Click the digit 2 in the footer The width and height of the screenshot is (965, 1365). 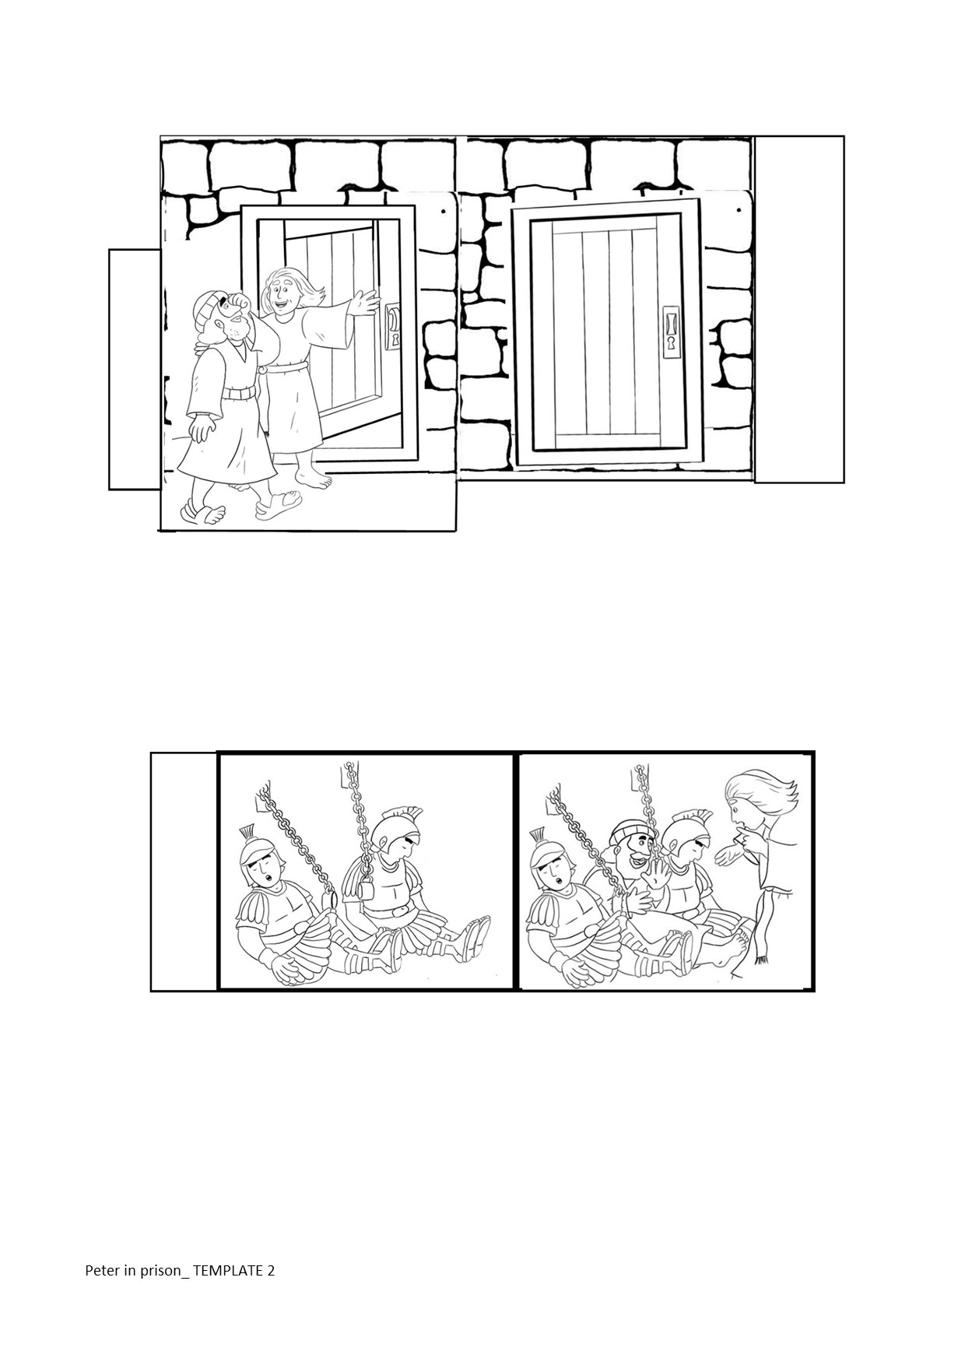click(271, 1271)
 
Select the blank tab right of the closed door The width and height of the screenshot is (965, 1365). click(799, 310)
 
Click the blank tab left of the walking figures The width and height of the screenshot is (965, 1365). click(135, 369)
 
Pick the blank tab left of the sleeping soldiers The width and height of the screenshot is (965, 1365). click(184, 872)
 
